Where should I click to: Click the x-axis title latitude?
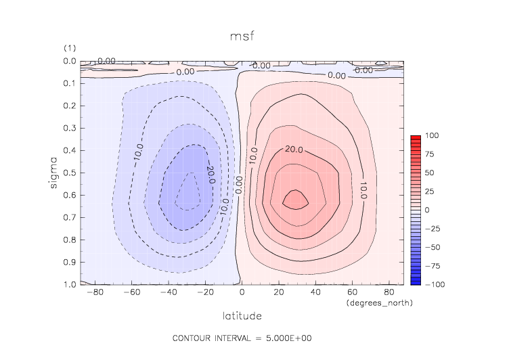242,315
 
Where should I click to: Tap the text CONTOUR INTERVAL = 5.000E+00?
242,338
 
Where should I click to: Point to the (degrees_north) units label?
379,303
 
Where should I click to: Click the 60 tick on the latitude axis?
353,293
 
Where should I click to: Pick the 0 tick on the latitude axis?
242,293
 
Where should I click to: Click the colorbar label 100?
430,136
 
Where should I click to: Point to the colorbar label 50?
429,173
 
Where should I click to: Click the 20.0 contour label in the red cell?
293,150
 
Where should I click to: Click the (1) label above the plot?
68,49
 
